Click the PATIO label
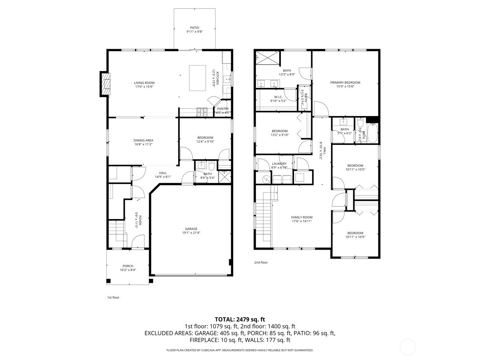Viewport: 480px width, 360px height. (194, 28)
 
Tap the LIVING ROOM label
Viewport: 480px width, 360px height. (144, 83)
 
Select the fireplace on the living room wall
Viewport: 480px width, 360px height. (105, 84)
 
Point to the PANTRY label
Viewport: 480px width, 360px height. (223, 109)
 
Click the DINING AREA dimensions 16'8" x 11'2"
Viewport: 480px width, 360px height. (143, 144)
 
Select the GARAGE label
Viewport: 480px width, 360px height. (191, 229)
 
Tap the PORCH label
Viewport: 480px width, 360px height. (128, 266)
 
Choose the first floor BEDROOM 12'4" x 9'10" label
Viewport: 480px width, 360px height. (205, 138)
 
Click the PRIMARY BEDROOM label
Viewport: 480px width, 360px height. (345, 82)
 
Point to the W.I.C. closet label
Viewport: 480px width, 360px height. (278, 97)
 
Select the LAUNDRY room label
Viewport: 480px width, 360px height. (279, 164)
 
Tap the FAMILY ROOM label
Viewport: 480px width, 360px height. (302, 217)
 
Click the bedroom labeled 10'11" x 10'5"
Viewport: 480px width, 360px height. (355, 166)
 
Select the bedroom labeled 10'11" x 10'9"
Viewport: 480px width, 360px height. (355, 233)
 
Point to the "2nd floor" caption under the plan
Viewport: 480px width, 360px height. (261, 262)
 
